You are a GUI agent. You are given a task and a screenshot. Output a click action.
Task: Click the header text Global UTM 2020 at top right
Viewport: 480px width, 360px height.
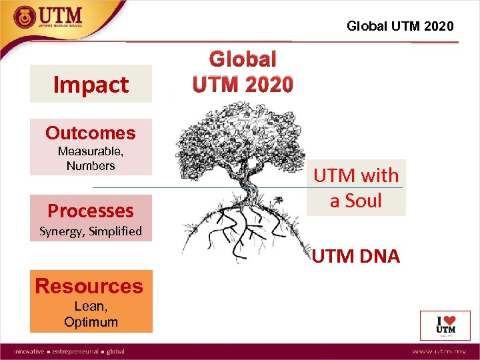(400, 26)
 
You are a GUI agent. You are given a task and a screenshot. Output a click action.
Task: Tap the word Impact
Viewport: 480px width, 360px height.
(91, 85)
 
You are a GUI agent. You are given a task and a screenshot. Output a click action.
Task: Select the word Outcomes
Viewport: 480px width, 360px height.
(91, 133)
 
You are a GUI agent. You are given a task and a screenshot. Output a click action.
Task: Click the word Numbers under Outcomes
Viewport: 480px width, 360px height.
(91, 165)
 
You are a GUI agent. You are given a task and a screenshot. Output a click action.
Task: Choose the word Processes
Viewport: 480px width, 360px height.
(91, 211)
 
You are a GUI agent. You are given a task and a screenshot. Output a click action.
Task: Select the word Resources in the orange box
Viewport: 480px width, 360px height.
(89, 286)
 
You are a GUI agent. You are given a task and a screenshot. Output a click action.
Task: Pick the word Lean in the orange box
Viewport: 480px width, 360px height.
(89, 307)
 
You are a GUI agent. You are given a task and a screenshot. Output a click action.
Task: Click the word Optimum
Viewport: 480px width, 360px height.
(91, 322)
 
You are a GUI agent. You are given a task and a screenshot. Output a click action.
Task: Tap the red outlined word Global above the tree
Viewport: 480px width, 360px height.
(243, 60)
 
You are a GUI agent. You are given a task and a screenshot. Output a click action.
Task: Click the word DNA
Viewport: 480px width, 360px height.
(378, 256)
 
